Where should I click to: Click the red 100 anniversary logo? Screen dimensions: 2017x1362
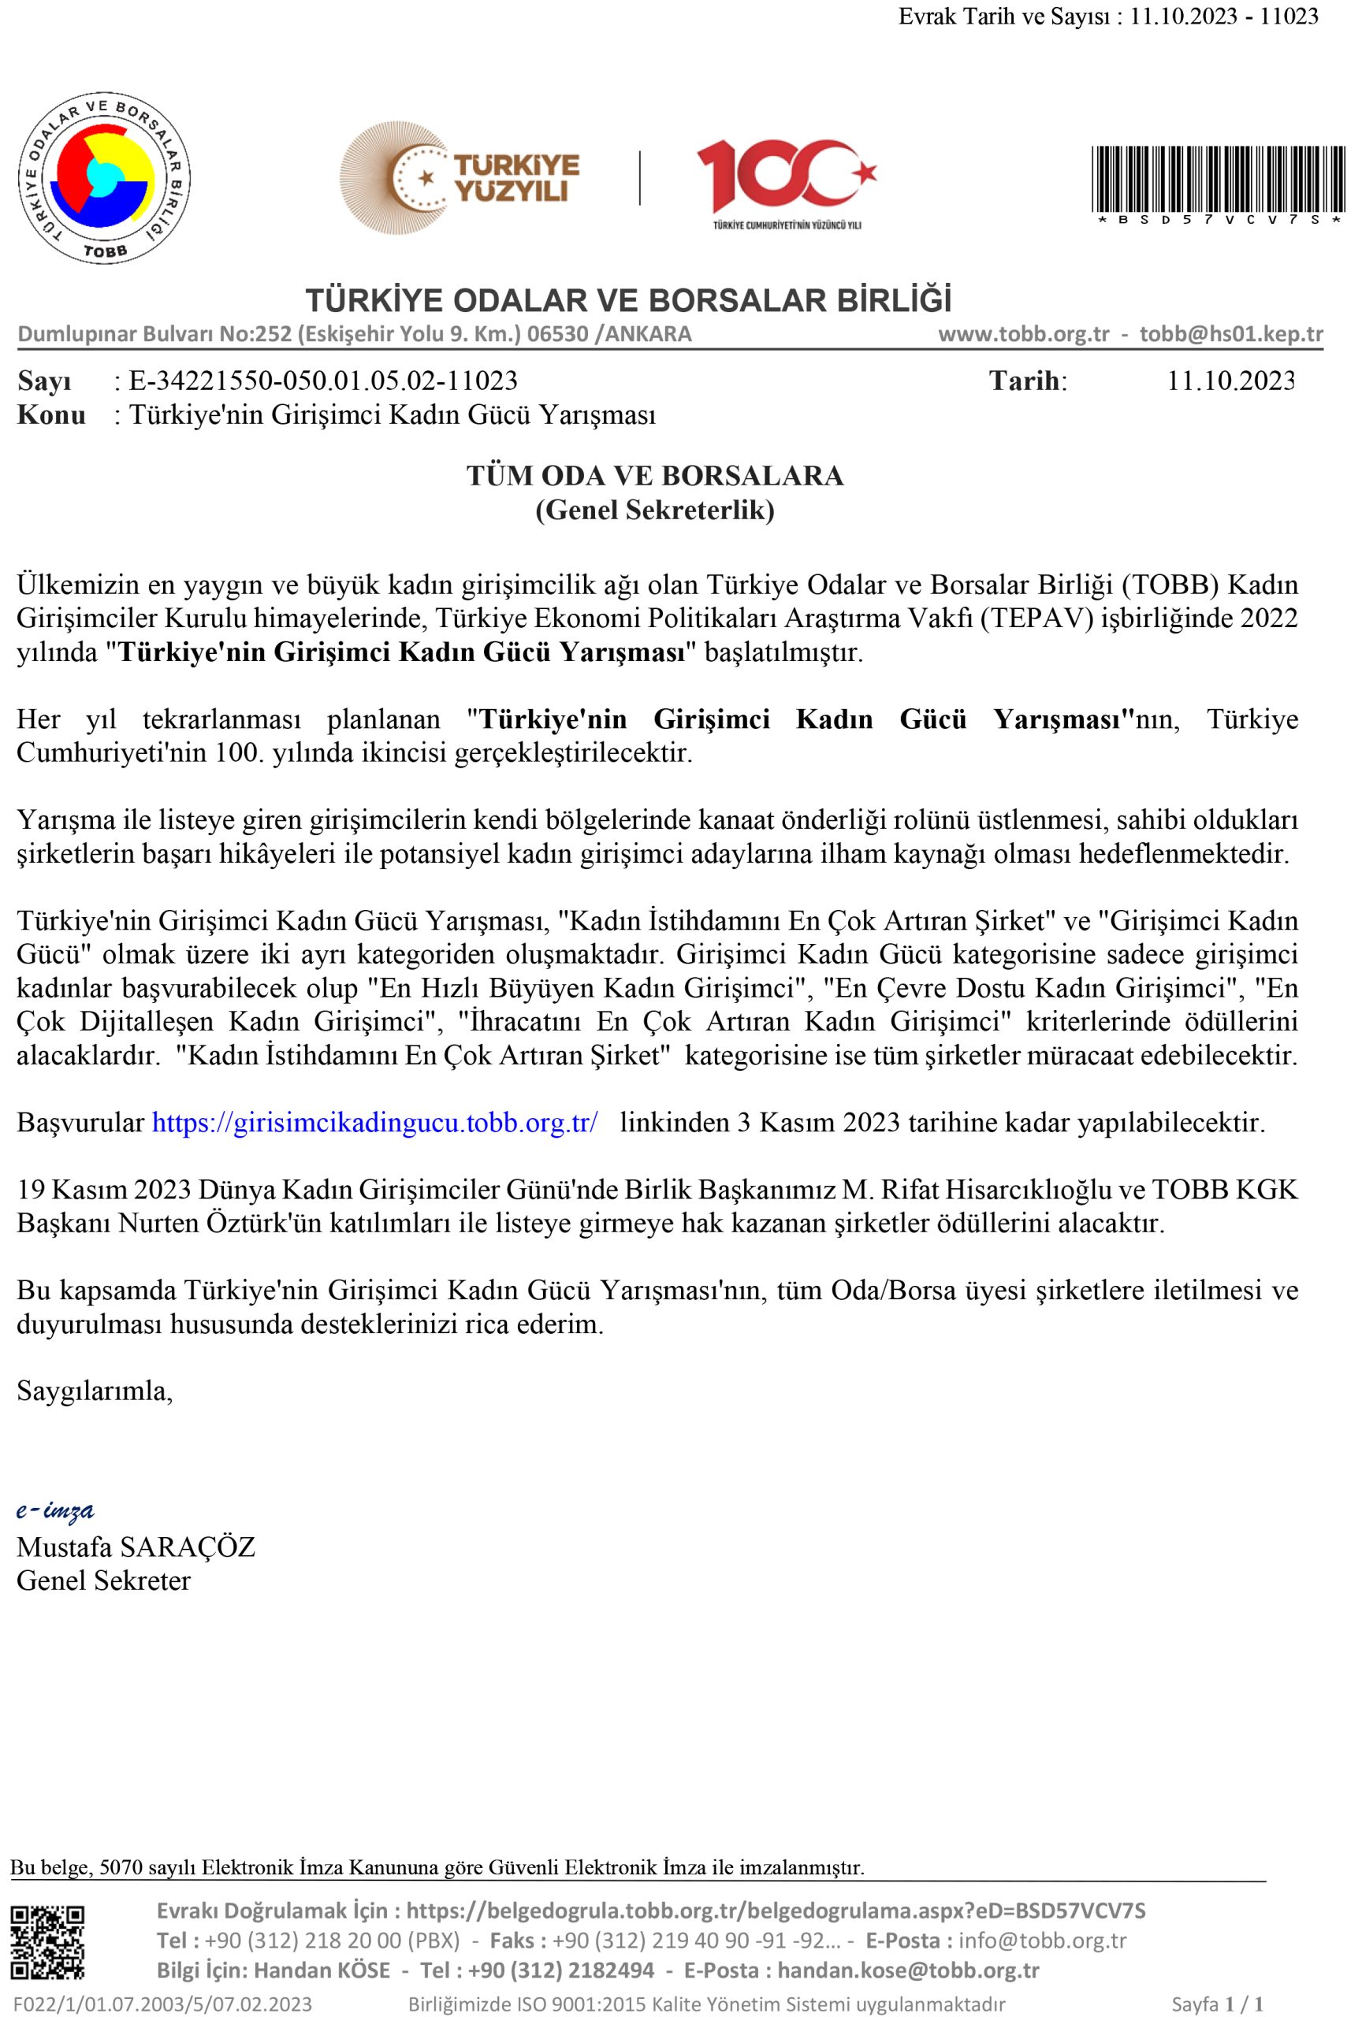coord(786,178)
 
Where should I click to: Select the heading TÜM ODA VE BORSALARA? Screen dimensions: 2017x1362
coord(654,476)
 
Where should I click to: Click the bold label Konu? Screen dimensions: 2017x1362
coord(51,415)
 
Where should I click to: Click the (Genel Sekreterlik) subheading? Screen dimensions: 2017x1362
coord(654,511)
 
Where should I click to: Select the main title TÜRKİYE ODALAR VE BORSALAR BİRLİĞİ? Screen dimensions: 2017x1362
coord(628,300)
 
